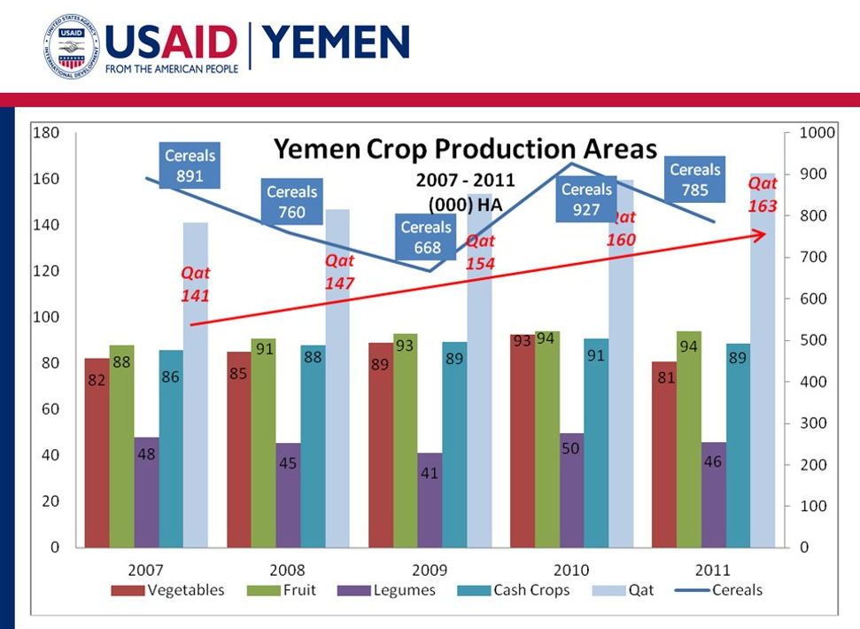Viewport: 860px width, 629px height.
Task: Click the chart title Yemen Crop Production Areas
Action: [x=465, y=149]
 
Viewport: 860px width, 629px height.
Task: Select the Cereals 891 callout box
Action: [x=190, y=166]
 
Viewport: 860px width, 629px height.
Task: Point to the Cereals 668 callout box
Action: [x=427, y=237]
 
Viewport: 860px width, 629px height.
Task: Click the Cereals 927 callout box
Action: [x=586, y=199]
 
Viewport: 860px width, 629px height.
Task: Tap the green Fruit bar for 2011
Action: [x=688, y=439]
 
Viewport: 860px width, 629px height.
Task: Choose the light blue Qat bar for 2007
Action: [x=196, y=384]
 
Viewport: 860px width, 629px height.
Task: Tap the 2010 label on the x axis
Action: [x=571, y=570]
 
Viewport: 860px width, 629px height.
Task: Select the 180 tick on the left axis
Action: [x=47, y=133]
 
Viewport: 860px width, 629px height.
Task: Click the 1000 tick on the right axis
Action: [x=817, y=133]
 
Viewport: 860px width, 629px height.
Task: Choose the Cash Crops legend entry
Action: [x=520, y=590]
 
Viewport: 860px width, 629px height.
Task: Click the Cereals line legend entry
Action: [x=724, y=590]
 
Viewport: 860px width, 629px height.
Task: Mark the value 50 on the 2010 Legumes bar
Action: [x=571, y=448]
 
